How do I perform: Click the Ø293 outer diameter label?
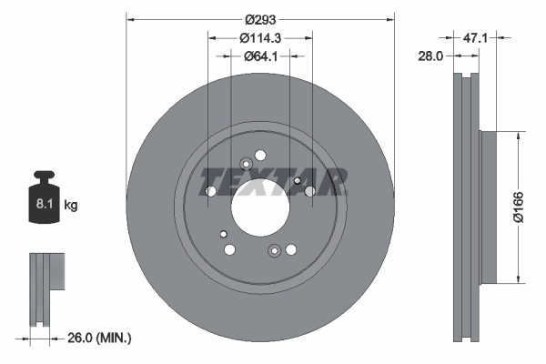259,17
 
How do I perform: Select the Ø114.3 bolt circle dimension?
259,37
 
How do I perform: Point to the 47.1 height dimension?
479,38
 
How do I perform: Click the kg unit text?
71,206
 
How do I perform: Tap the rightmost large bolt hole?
309,191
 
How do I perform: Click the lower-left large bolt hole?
230,249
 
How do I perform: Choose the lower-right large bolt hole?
291,249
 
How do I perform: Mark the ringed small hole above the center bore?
245,163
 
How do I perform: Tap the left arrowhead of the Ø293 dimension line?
128,17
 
